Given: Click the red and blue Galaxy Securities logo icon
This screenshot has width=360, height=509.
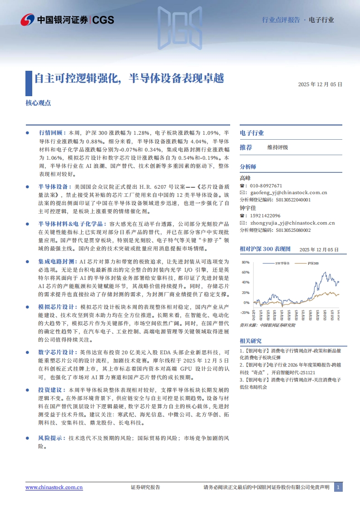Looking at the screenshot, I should (x=28, y=20).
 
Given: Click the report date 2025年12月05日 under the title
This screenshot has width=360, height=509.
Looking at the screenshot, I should (x=320, y=84).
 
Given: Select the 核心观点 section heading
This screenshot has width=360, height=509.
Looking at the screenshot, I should (x=38, y=103).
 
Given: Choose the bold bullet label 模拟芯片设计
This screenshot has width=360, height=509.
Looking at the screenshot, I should (x=57, y=307).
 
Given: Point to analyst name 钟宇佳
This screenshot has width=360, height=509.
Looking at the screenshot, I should (x=248, y=208).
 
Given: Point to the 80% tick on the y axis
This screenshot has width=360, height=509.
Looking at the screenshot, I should (x=246, y=263).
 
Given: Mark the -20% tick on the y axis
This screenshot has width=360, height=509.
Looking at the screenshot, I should (x=245, y=312).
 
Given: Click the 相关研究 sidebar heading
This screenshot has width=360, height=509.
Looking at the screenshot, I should (x=251, y=341).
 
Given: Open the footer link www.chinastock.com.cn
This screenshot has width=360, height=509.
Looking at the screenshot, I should (x=54, y=487).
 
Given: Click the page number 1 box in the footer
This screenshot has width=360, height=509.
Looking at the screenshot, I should (x=338, y=487).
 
